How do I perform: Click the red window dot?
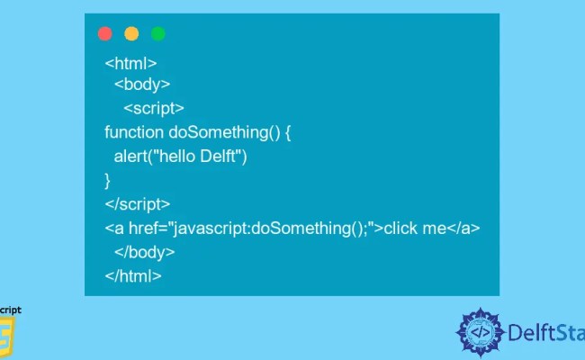click(x=104, y=34)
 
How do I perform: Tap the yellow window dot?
click(x=131, y=34)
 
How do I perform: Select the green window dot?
click(x=158, y=34)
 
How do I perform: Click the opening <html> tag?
click(x=131, y=64)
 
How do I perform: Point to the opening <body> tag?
click(x=142, y=85)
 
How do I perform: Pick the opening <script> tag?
click(x=154, y=108)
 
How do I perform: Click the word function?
click(x=134, y=132)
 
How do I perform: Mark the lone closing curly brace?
click(x=108, y=180)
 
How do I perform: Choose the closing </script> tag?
click(x=138, y=204)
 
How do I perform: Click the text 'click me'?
click(x=415, y=229)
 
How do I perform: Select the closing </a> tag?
click(x=463, y=229)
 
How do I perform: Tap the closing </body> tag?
click(x=145, y=252)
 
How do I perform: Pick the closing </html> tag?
click(x=133, y=276)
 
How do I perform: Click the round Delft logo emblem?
click(x=481, y=333)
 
